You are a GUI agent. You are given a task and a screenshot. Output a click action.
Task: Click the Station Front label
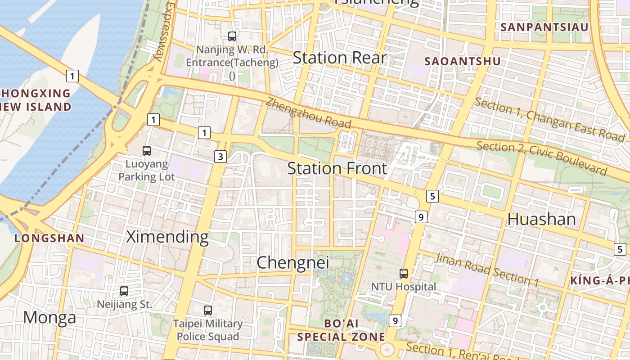point(337,169)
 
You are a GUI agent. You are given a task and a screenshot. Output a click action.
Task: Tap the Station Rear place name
point(339,58)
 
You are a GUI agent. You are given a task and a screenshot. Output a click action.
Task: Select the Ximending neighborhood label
point(167,236)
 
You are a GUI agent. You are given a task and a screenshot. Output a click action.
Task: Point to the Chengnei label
point(293,263)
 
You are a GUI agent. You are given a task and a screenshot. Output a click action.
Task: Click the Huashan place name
point(541,219)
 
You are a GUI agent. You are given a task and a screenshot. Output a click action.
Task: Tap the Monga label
point(49,317)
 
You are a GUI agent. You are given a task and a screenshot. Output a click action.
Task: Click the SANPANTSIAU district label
point(544,27)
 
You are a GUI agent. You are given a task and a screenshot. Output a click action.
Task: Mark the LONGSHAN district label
point(49,238)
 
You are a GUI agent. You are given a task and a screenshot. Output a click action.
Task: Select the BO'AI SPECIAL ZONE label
point(341,330)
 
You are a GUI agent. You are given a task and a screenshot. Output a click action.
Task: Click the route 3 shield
point(220,157)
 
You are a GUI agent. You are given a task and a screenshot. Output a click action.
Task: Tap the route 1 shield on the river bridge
point(72,76)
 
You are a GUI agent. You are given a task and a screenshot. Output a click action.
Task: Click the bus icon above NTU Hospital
point(404,273)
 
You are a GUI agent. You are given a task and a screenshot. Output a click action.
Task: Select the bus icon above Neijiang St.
point(124,291)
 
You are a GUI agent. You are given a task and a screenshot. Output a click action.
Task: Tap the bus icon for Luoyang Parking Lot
point(147,151)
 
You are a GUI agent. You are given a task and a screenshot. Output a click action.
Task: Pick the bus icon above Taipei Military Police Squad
point(208,310)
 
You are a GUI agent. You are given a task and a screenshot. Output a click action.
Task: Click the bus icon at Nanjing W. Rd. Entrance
point(232,36)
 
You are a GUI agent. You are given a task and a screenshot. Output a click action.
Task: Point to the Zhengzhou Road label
point(308,112)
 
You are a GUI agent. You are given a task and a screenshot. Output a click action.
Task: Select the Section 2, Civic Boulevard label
point(542,158)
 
